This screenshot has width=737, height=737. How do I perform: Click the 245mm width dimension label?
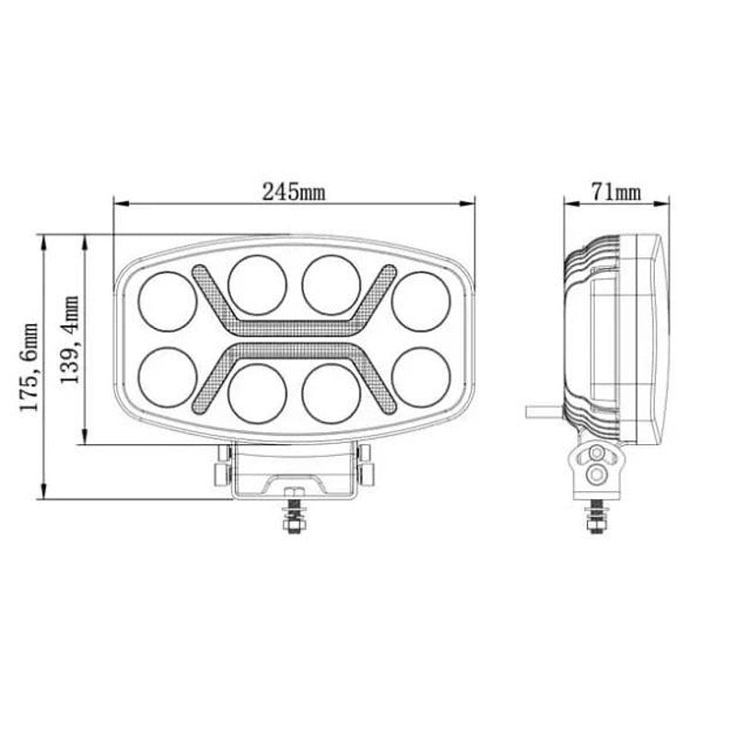293,192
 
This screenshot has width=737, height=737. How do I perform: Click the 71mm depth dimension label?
615,192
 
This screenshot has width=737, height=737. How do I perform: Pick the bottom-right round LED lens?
421,374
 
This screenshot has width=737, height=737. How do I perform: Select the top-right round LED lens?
421,299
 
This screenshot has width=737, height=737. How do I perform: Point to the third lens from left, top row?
332,284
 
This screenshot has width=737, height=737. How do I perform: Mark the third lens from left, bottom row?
332,391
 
